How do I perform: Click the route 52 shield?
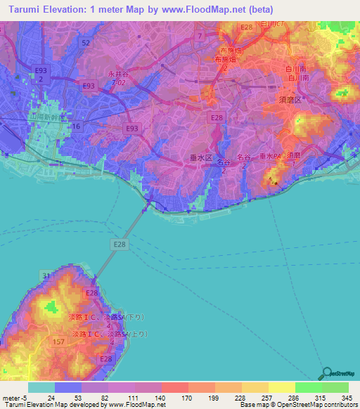click(85, 43)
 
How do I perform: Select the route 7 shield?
click(200, 34)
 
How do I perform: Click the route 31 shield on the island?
click(46, 275)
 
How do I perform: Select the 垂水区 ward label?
click(201, 159)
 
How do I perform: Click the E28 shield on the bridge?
click(120, 243)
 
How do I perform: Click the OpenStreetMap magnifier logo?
click(325, 372)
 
